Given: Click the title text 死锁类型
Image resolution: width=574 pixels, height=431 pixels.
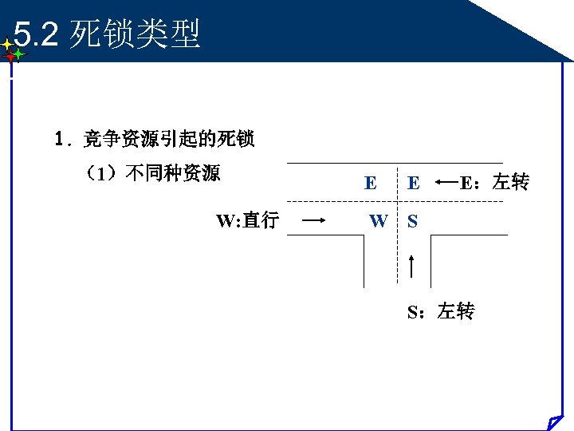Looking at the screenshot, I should point(135,34).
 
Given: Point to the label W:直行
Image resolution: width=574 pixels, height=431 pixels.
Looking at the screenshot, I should point(247,220).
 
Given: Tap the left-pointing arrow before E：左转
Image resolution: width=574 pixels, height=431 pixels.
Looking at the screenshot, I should point(448,183).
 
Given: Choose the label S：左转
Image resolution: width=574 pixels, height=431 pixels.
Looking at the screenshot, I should point(441,311).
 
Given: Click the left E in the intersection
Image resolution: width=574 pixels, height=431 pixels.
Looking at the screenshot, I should point(371,183).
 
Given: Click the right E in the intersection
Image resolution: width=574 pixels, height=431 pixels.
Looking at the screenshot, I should point(413,183).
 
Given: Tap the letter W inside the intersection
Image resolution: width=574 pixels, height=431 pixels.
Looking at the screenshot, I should point(379,220).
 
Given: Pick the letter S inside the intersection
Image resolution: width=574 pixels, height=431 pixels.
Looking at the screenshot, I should point(412,220).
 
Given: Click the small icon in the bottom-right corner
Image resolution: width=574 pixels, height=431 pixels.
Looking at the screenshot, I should point(555,421).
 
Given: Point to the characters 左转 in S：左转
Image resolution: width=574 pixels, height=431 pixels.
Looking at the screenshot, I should point(456,311).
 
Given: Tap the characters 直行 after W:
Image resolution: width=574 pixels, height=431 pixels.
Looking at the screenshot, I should point(261,220).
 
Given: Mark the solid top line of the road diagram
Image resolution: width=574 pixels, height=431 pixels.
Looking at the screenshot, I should point(395,163).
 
